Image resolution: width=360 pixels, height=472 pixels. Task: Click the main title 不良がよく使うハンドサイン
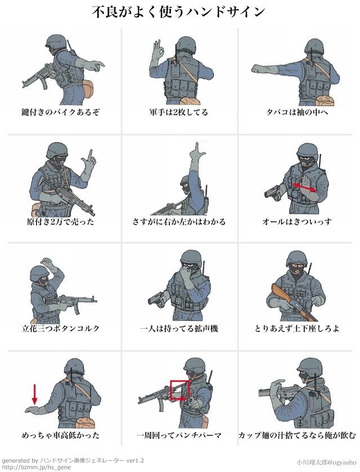(x=178, y=12)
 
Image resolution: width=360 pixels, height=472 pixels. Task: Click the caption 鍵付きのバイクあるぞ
(x=60, y=112)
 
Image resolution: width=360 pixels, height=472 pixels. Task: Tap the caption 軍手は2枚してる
(x=179, y=112)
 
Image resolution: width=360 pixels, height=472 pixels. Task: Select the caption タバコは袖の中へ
(x=297, y=112)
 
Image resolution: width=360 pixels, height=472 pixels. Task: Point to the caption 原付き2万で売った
(x=60, y=222)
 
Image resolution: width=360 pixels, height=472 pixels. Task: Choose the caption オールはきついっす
(x=297, y=222)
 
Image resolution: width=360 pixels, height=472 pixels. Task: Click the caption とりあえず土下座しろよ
(x=297, y=328)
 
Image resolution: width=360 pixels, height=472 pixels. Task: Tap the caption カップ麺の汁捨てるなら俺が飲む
(x=297, y=435)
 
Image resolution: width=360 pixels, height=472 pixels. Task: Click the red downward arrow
(x=35, y=394)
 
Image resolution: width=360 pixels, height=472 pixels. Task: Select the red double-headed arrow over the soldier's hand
(x=304, y=187)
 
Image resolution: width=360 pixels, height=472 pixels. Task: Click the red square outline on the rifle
(x=180, y=390)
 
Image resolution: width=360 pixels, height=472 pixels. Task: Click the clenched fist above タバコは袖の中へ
(x=258, y=69)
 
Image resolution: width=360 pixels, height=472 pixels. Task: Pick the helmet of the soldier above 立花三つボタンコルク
(x=39, y=273)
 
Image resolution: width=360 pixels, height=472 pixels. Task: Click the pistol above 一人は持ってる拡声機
(x=156, y=298)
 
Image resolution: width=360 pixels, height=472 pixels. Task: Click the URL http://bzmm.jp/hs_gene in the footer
(x=36, y=467)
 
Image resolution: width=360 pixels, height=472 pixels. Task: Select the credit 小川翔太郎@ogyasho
(x=326, y=462)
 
